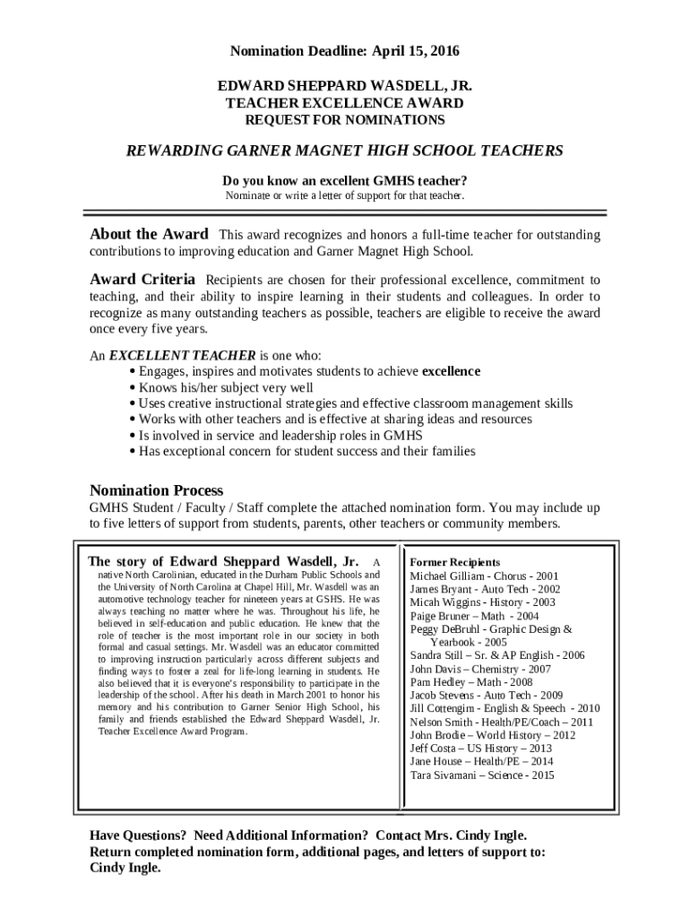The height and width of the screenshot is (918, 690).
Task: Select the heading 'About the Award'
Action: [x=149, y=234]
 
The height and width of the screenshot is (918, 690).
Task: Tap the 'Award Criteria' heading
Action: [x=142, y=280]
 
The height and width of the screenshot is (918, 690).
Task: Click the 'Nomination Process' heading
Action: [x=156, y=490]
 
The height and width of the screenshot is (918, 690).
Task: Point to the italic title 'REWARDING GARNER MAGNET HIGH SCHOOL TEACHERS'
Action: [x=344, y=151]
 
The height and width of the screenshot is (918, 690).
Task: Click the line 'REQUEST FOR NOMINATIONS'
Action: [x=344, y=119]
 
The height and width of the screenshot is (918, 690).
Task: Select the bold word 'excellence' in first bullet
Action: [x=451, y=371]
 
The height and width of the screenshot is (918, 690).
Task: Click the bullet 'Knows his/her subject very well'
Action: [x=225, y=387]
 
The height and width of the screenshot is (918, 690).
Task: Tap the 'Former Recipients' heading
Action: [x=455, y=562]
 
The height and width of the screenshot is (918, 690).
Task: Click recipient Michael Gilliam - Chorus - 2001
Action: [x=484, y=576]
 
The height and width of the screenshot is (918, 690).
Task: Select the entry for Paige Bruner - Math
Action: [x=474, y=616]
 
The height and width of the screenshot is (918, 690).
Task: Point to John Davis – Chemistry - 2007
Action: [x=480, y=669]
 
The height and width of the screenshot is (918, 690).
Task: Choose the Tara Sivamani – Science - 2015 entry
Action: [x=482, y=775]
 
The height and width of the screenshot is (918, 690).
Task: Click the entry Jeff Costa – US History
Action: [x=480, y=749]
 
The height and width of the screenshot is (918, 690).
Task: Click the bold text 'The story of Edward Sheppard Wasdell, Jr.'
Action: [x=223, y=561]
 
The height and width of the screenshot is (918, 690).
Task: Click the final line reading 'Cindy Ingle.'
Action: [x=125, y=868]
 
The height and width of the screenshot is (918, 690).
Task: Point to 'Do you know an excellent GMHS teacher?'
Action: [x=344, y=180]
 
